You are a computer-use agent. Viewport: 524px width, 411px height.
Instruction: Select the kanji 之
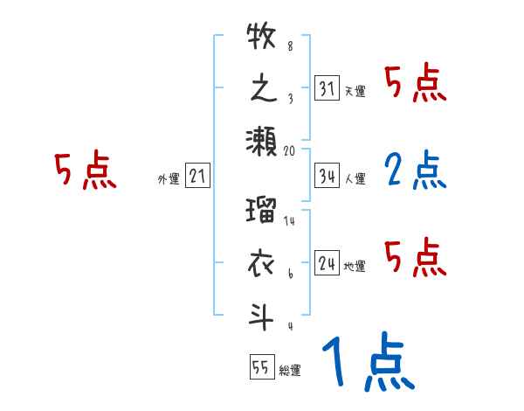coord(262,90)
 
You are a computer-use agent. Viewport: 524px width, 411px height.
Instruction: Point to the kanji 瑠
coord(262,212)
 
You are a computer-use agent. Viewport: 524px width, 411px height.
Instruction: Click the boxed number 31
coord(327,88)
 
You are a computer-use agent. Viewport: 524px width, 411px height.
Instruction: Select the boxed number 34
coord(327,175)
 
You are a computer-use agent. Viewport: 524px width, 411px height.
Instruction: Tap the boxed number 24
coord(327,262)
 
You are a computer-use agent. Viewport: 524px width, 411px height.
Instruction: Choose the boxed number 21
coord(197,178)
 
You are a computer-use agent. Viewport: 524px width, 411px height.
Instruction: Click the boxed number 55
coord(260,367)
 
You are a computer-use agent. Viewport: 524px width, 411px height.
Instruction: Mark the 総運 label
coord(290,371)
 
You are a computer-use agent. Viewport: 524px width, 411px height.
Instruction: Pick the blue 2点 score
coord(415,171)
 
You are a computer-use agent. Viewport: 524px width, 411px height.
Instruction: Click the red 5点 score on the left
coord(85,171)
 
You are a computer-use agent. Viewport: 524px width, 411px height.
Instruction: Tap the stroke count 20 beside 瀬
coord(290,150)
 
